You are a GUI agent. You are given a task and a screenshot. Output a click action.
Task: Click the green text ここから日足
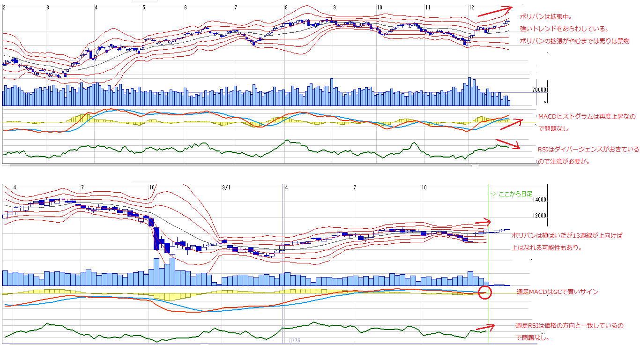pos(511,194)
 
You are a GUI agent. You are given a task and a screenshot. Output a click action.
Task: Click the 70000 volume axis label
pos(539,90)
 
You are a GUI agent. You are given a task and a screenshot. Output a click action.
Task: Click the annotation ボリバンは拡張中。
pos(539,17)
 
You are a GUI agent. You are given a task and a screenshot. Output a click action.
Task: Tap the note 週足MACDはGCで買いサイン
pos(557,292)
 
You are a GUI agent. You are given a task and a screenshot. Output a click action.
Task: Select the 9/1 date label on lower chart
pos(226,187)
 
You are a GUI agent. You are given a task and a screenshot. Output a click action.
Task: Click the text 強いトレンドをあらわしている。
pos(564,29)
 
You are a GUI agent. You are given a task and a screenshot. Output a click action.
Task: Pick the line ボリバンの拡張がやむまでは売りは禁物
pos(574,41)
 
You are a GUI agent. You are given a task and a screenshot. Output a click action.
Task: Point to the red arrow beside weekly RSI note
pos(486,327)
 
